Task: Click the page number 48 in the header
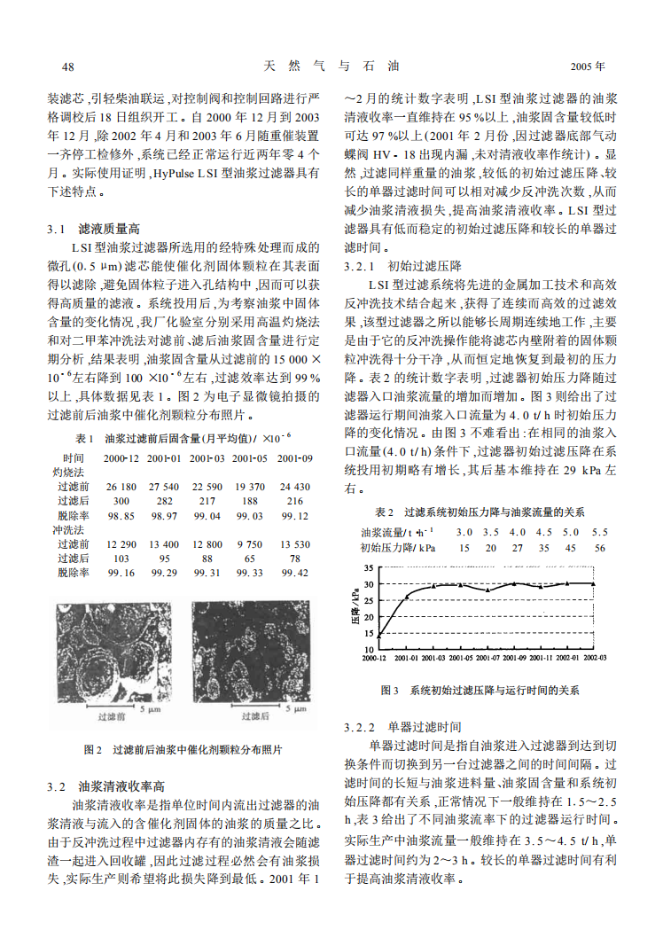(68, 66)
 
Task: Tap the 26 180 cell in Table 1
(121, 487)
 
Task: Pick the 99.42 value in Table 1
(294, 573)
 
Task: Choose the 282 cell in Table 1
(165, 501)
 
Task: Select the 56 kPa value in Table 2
(600, 548)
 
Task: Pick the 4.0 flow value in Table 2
(517, 532)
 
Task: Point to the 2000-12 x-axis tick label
(374, 659)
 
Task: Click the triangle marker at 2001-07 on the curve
(487, 590)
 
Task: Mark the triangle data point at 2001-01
(406, 597)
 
